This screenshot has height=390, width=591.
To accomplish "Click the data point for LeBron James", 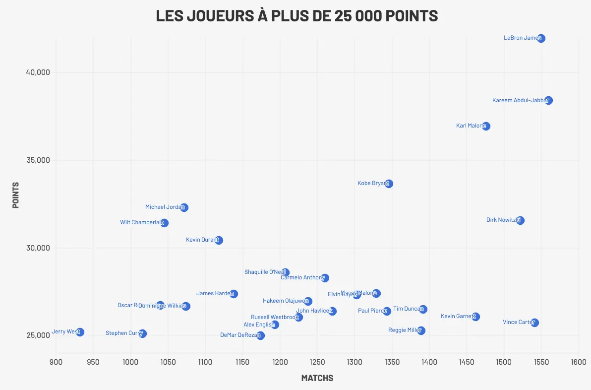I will coord(541,38).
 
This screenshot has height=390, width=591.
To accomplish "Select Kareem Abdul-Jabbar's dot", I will coord(548,100).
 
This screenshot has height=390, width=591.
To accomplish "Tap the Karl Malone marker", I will coord(486,126).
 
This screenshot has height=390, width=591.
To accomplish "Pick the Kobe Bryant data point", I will coord(389,184).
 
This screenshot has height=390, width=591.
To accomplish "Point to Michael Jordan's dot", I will coord(184,207).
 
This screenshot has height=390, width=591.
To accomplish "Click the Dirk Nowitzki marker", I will coord(520,220).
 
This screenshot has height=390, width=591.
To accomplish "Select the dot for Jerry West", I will coord(80,332).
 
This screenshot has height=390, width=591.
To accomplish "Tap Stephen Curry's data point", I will coord(142,333).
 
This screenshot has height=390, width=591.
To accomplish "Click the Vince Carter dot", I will coord(534,323).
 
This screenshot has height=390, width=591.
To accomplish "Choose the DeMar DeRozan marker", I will coord(260,335).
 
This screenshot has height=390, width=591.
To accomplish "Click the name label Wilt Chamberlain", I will coord(141,222).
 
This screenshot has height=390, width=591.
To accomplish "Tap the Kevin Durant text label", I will coord(201,240).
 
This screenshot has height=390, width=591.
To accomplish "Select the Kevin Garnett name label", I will coord(457,316).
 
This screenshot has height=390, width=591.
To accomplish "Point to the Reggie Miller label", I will coord(404,330).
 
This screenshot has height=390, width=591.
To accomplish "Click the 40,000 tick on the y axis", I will coord(38,72).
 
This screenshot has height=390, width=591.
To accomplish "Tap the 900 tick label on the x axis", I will coord(56,362).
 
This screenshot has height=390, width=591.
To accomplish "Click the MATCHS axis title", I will coord(317,378).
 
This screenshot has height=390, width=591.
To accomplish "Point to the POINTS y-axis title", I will coord(16,195).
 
